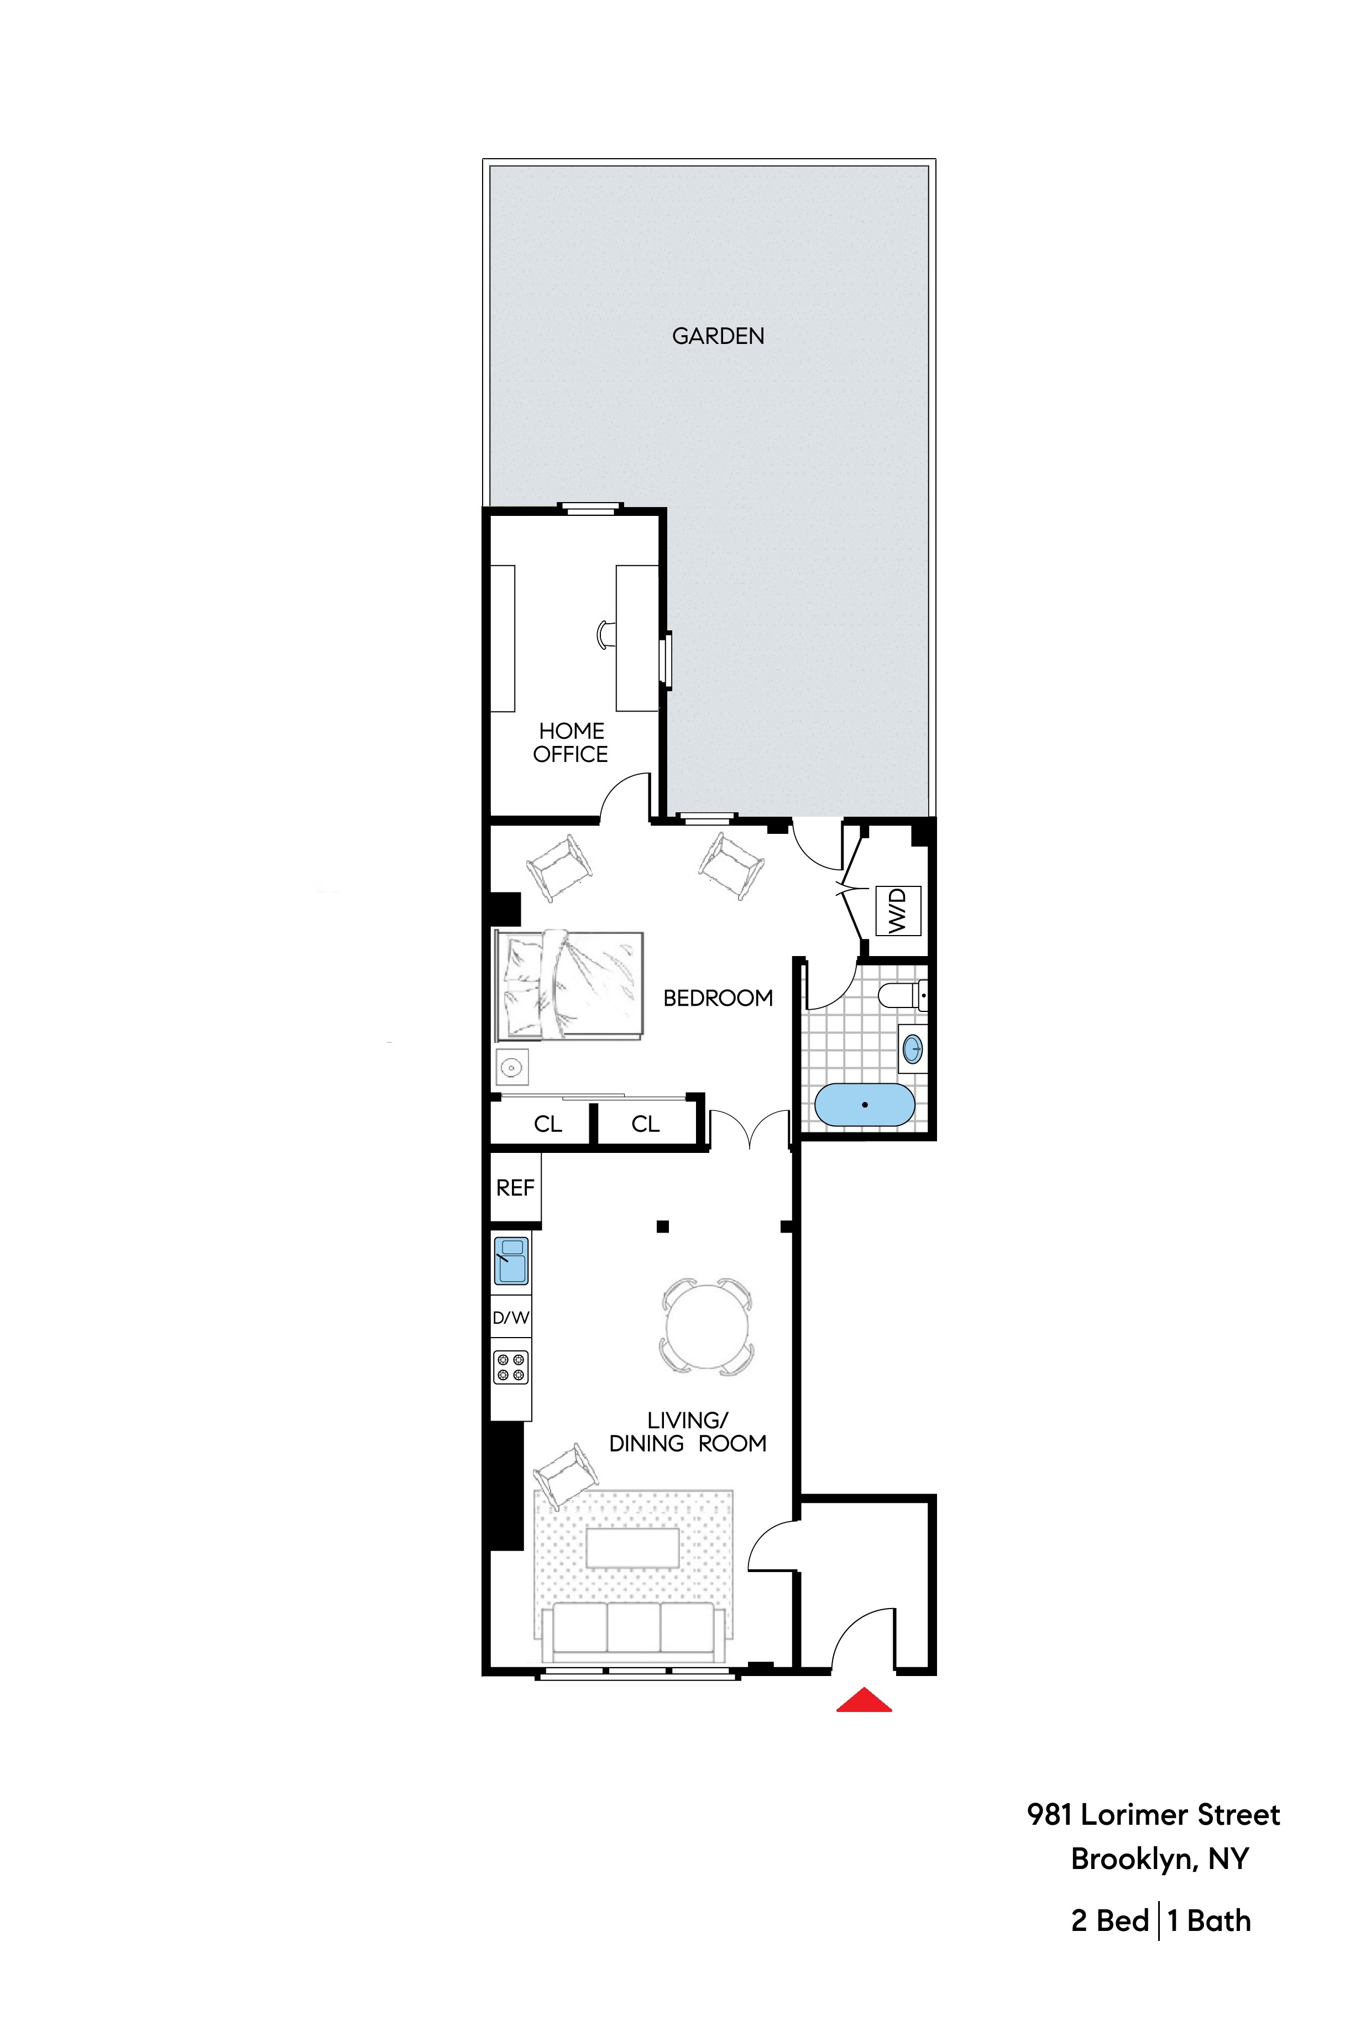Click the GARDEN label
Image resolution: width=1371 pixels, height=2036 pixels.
718,336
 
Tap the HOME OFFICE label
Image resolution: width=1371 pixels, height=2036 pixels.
571,743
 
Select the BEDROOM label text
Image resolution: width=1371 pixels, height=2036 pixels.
718,998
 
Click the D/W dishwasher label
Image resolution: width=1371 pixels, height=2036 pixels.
511,1317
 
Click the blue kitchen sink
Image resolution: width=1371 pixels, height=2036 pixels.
511,1260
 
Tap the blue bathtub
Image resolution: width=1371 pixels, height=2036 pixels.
865,1105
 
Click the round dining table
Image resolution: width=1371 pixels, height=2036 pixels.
708,1326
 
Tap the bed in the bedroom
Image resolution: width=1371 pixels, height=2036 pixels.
570,985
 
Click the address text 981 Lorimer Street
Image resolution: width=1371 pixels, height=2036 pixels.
1153,1815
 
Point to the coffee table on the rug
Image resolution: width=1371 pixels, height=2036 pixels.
633,1547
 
